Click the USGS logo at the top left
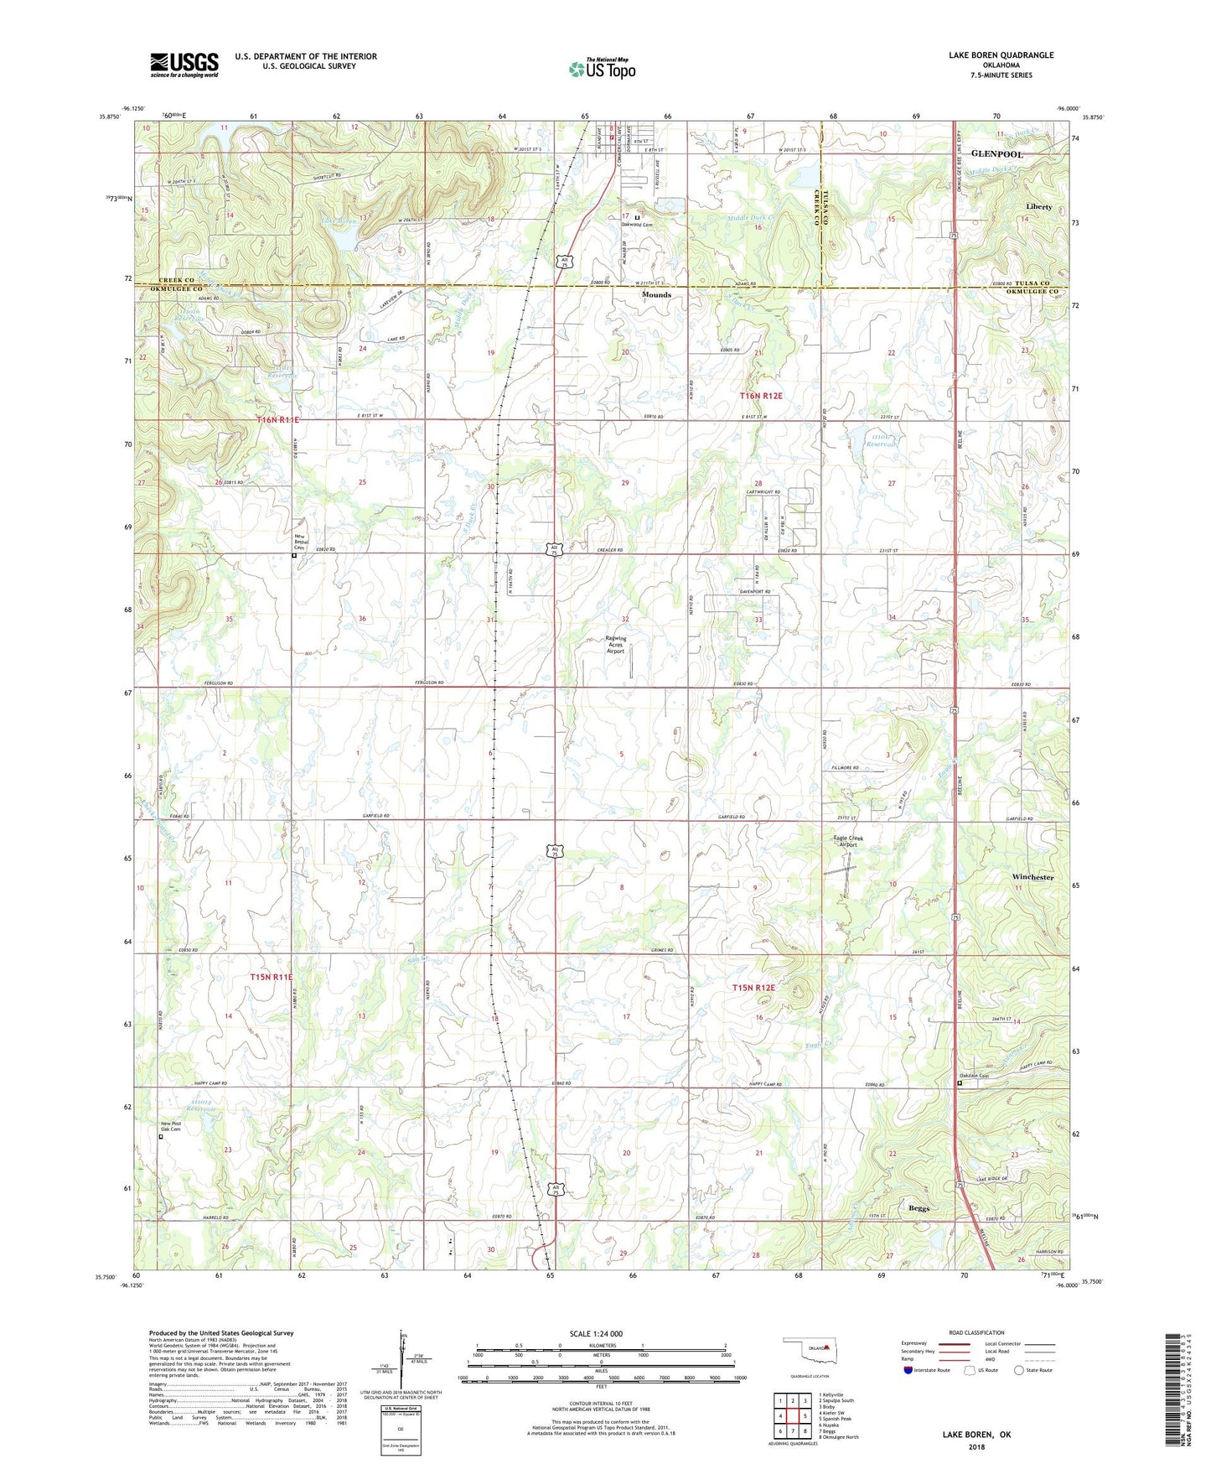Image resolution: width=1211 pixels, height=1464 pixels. [184, 65]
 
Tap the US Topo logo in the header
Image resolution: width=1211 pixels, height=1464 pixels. [601, 69]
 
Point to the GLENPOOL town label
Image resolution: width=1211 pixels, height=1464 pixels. [996, 155]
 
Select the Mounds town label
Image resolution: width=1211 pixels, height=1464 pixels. [656, 295]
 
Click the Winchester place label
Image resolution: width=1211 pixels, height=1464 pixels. [1032, 877]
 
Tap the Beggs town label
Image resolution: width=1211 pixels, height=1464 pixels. [920, 1208]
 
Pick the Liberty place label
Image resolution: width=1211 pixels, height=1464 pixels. [1038, 206]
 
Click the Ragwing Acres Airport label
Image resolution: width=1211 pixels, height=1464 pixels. [616, 645]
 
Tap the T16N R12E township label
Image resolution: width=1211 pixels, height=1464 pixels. [760, 396]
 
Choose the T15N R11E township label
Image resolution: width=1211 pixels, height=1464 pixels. [272, 977]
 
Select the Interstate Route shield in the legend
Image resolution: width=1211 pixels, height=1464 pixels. [909, 1370]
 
